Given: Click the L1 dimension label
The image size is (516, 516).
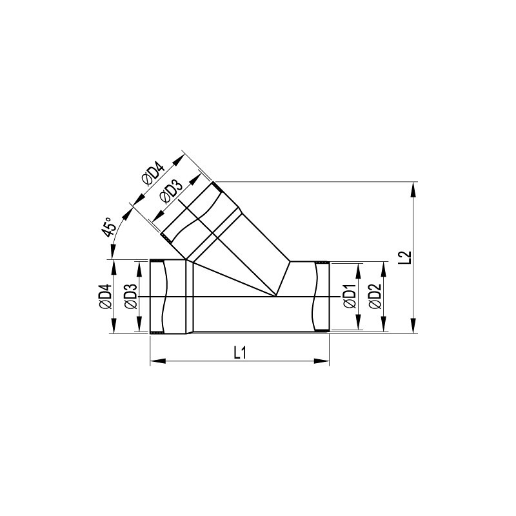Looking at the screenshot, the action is pyautogui.click(x=240, y=353).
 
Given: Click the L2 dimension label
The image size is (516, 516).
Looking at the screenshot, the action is pyautogui.click(x=407, y=257).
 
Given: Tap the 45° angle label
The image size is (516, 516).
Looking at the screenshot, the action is pyautogui.click(x=110, y=227).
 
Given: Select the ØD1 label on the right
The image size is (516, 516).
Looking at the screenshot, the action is pyautogui.click(x=350, y=296).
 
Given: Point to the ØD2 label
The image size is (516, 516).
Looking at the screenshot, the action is pyautogui.click(x=375, y=296).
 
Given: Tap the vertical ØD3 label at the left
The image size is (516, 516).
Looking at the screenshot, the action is pyautogui.click(x=131, y=297).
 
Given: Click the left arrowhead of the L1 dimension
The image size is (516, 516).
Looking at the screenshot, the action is pyautogui.click(x=157, y=361).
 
